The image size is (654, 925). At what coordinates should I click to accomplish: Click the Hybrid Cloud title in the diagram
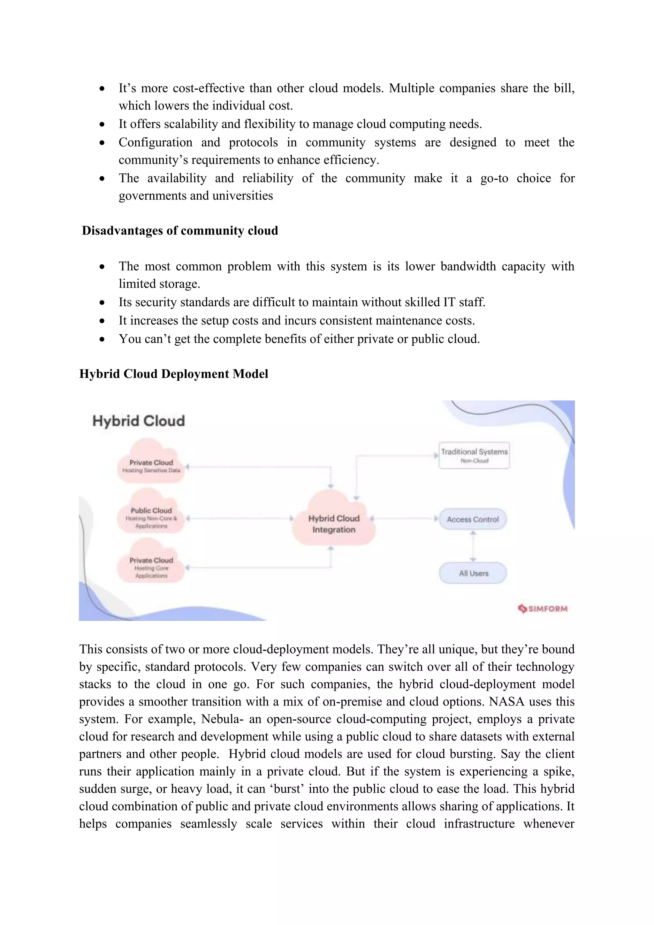(x=139, y=421)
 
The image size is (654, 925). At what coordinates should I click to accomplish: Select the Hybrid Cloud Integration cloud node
(x=334, y=523)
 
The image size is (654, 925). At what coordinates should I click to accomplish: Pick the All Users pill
(x=473, y=573)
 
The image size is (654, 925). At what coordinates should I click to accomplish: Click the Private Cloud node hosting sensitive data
(x=151, y=465)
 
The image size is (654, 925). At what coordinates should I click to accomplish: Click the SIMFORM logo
(x=543, y=608)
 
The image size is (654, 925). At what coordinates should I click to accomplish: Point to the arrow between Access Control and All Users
(x=473, y=546)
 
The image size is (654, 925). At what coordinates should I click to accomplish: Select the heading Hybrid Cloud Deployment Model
(x=174, y=374)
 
